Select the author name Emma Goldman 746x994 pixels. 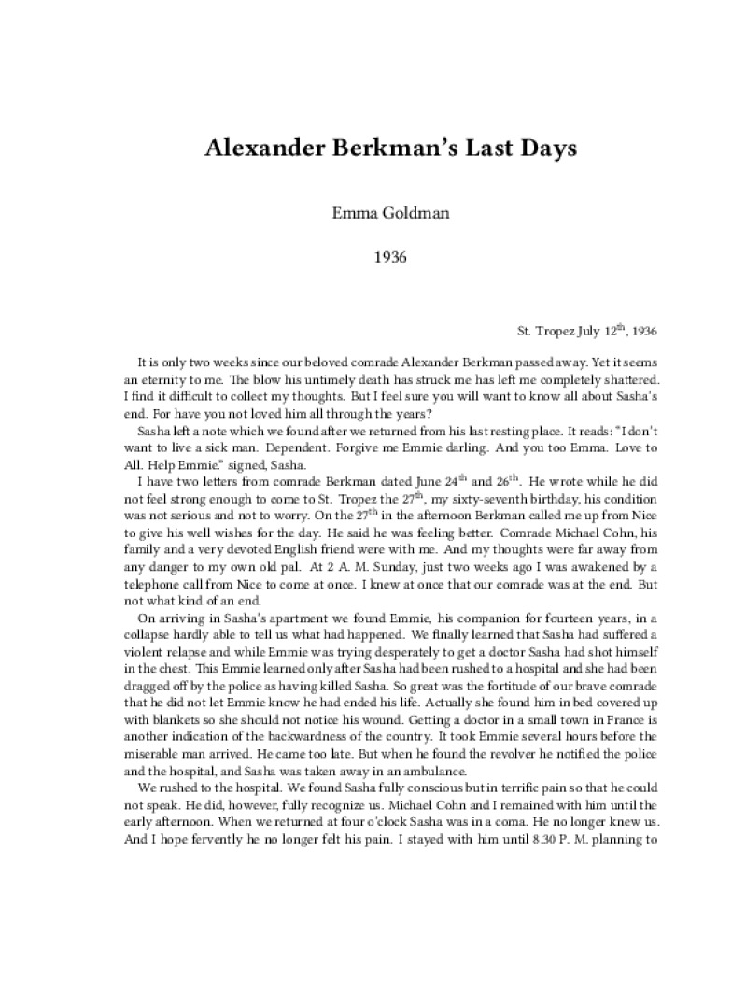click(373, 213)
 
